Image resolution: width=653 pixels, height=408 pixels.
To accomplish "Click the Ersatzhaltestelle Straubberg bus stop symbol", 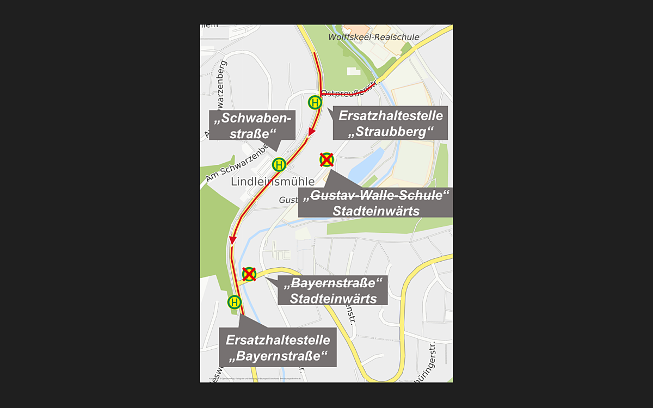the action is point(315,102).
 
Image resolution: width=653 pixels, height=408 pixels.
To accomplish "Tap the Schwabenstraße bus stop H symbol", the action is point(279,164).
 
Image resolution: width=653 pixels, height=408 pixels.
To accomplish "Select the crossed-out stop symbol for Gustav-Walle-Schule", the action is point(326,159).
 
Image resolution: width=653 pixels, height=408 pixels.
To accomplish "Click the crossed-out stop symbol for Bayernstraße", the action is point(249,274).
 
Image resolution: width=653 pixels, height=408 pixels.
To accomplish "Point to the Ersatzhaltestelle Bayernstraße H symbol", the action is point(235,302).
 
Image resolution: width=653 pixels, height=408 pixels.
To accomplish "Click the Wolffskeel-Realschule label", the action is point(373,37).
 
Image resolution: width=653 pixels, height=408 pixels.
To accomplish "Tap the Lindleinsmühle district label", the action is point(273,181).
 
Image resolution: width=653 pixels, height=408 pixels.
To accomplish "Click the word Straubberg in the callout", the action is point(392,131).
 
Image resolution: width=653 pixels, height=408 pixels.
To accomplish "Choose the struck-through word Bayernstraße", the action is point(333,283).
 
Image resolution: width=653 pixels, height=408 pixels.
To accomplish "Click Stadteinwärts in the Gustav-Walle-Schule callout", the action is point(376,211).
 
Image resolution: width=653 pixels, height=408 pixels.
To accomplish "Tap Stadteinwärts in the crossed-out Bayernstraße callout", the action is point(333,298).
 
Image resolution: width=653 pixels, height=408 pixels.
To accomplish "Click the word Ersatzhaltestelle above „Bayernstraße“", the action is point(278,340).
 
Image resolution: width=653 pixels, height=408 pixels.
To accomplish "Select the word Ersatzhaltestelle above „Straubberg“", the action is point(391,116).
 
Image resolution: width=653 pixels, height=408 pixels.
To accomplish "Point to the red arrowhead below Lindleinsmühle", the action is point(233,240).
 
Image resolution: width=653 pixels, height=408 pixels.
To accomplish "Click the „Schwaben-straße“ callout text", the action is point(251,126).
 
